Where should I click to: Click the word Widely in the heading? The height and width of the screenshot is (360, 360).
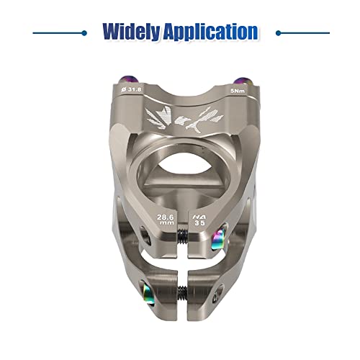tap(131, 32)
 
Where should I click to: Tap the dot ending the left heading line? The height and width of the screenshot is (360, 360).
tap(84, 33)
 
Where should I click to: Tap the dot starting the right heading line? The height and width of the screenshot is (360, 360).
tap(279, 33)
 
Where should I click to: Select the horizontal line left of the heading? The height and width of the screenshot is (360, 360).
tap(60, 33)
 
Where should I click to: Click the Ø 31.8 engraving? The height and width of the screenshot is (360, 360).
tap(131, 89)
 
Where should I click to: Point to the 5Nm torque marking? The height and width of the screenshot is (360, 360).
tap(238, 91)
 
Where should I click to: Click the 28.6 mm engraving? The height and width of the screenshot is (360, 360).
tap(166, 220)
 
